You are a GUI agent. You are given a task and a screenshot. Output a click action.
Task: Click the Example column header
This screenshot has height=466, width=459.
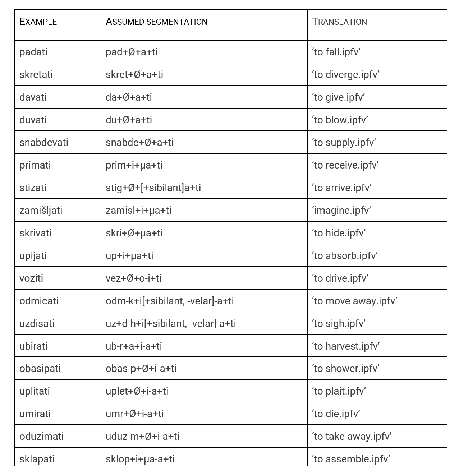pyautogui.click(x=38, y=22)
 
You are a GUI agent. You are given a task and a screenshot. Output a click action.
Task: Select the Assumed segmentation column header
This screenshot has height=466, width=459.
pyautogui.click(x=156, y=22)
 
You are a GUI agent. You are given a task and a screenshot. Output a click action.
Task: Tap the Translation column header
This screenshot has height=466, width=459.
pyautogui.click(x=339, y=22)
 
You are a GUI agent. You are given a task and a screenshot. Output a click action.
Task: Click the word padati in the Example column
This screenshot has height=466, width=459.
pyautogui.click(x=33, y=52)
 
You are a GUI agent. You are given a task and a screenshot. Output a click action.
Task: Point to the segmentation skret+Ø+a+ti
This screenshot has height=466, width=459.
pyautogui.click(x=134, y=75)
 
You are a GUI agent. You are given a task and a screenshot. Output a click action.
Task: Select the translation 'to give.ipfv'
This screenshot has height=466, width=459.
pyautogui.click(x=338, y=97)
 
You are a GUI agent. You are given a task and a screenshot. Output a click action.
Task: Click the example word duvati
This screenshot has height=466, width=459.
pyautogui.click(x=33, y=120)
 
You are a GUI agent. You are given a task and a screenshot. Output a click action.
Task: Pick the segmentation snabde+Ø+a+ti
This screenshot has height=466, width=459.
pyautogui.click(x=139, y=143)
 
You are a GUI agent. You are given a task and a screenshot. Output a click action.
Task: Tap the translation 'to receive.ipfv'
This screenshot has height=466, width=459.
pyautogui.click(x=345, y=165)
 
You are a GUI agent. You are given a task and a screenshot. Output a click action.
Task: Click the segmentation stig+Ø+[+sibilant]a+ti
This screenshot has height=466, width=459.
pyautogui.click(x=153, y=188)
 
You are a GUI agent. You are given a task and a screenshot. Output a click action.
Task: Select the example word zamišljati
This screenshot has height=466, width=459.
pyautogui.click(x=41, y=210)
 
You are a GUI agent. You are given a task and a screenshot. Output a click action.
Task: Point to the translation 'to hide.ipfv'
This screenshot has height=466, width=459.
pyautogui.click(x=339, y=233)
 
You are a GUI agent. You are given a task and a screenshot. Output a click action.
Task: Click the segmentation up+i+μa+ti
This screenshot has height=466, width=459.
pyautogui.click(x=129, y=256)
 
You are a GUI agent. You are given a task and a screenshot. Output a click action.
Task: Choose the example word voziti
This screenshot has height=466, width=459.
pyautogui.click(x=31, y=278)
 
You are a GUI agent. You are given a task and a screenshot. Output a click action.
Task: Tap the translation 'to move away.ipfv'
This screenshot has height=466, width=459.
pyautogui.click(x=354, y=301)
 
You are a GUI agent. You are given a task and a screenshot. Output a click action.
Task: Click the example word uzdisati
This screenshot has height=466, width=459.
pyautogui.click(x=37, y=324)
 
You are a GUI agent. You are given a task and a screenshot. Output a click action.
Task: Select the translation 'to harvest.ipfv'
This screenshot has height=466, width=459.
pyautogui.click(x=346, y=346)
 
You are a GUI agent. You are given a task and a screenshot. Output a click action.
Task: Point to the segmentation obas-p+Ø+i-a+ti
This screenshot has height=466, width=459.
pyautogui.click(x=141, y=369)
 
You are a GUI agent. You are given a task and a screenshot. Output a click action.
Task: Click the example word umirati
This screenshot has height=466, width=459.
pyautogui.click(x=35, y=414)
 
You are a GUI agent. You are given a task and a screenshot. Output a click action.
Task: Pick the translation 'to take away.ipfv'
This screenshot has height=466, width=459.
pyautogui.click(x=352, y=437)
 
